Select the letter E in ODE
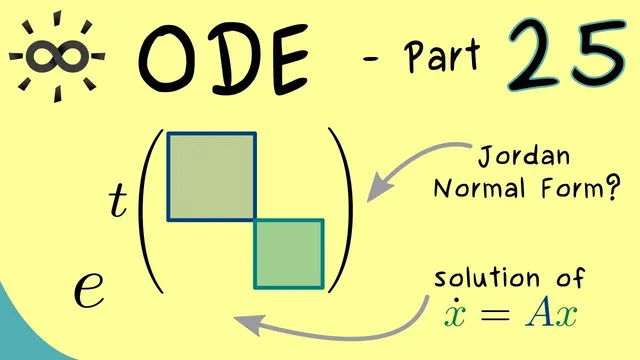tap(288, 58)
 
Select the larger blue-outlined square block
tap(211, 175)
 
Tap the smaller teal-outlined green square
tap(288, 253)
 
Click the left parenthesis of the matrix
tap(150, 210)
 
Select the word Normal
tap(473, 189)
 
